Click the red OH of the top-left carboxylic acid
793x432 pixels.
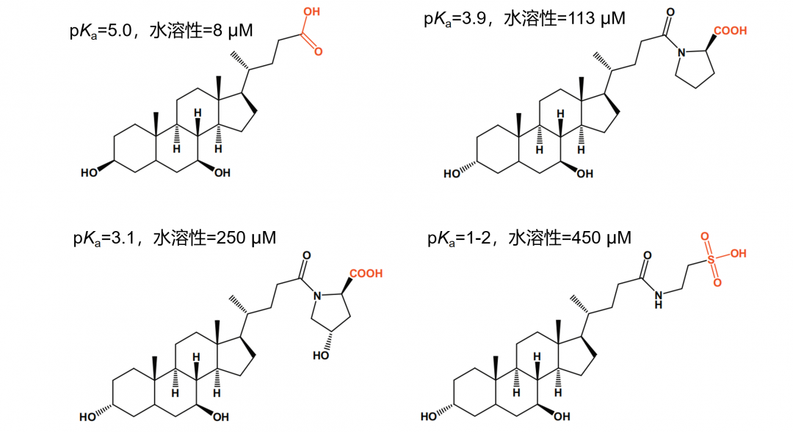(311, 11)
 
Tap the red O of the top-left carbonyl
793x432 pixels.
(318, 51)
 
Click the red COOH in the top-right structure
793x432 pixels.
(731, 31)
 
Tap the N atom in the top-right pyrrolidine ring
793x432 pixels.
(681, 53)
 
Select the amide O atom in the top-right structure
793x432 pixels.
(670, 12)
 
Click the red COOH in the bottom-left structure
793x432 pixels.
(366, 274)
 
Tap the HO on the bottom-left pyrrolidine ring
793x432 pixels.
(321, 356)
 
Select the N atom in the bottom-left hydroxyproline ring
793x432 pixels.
(316, 296)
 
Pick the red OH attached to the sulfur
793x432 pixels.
(739, 253)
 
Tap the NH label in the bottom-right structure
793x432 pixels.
(658, 299)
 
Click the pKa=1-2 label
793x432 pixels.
(459, 238)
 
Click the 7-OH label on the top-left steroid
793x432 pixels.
(222, 173)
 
